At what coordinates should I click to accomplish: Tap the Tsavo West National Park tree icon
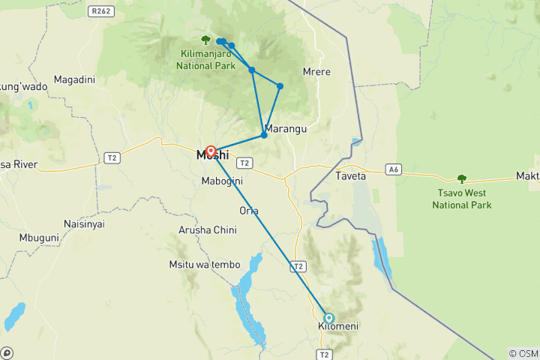[461, 178]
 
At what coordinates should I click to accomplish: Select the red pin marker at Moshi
[211, 151]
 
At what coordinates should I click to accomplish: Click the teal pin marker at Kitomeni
[328, 317]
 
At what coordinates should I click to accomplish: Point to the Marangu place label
[286, 129]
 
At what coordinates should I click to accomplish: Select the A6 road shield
[394, 169]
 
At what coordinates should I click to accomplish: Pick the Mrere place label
[316, 72]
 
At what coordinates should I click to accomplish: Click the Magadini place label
[74, 79]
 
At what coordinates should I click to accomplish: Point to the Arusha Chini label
[208, 229]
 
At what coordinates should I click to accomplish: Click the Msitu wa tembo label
[205, 264]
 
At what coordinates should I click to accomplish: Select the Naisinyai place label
[84, 223]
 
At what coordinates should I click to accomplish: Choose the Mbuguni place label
[40, 238]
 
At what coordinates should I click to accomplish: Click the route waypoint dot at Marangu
[264, 135]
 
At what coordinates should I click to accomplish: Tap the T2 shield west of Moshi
[112, 157]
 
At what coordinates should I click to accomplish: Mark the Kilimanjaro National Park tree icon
[205, 40]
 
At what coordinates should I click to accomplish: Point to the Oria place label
[248, 210]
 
